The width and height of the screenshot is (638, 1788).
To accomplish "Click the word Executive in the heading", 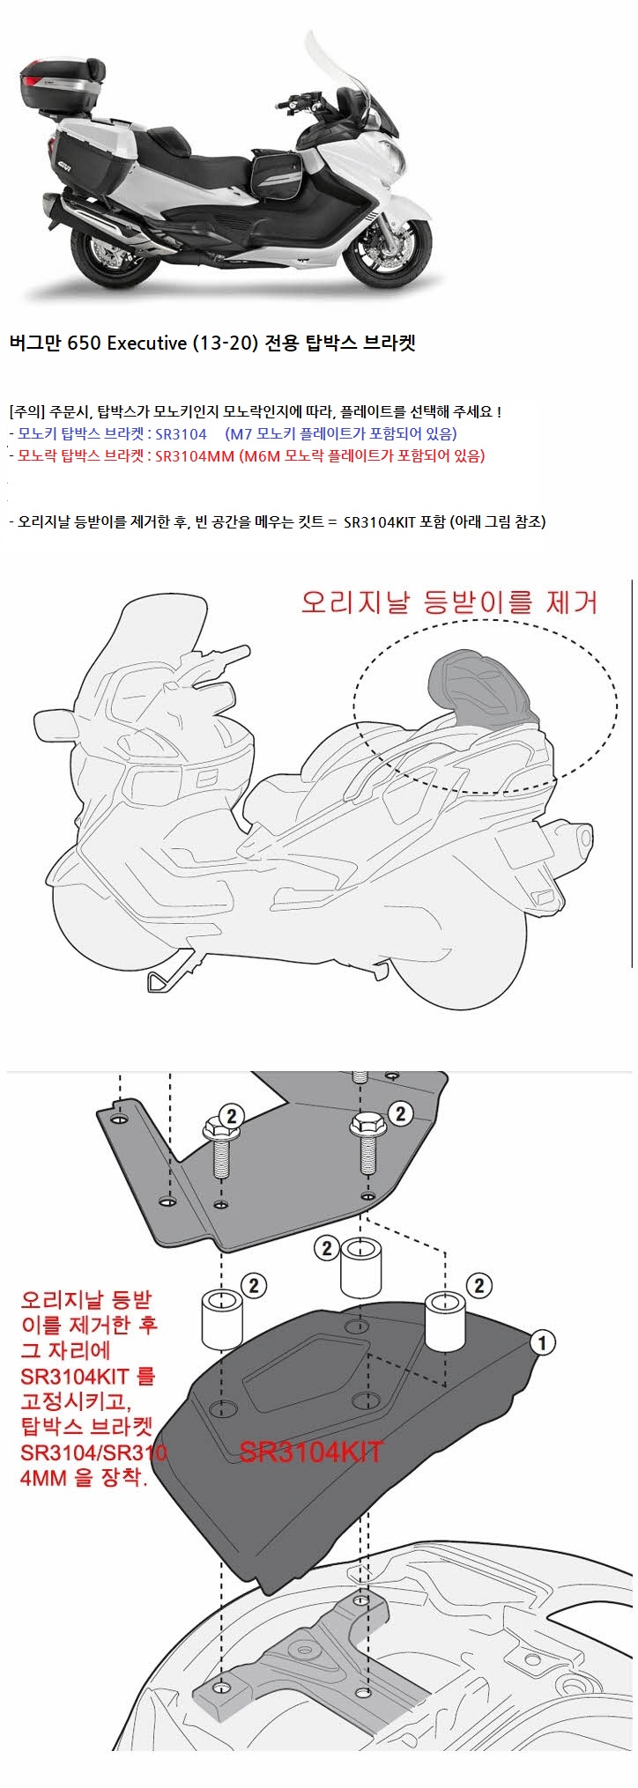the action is coord(144,344).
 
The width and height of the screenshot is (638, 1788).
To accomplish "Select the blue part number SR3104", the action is coord(179,433).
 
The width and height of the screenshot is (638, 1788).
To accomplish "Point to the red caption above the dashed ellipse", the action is coord(449,602).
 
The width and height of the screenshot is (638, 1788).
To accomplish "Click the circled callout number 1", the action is coord(544,1342).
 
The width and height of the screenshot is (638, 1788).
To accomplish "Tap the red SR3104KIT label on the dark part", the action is coord(310,1452).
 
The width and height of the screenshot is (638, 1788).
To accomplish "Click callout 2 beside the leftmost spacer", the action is coord(253,1285).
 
